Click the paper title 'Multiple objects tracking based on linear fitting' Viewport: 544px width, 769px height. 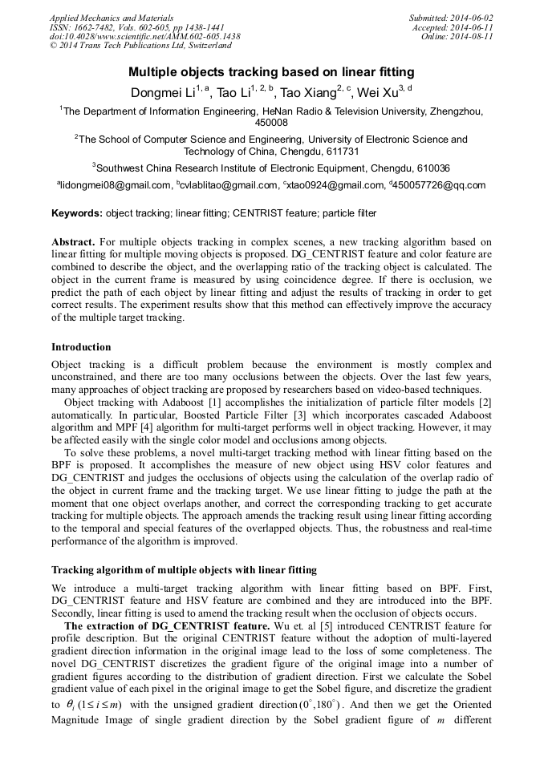click(271, 72)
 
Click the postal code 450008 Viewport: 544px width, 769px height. click(271, 123)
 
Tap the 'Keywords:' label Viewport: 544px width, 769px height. click(77, 214)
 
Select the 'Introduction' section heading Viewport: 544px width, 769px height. click(80, 347)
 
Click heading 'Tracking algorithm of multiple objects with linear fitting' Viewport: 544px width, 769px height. click(184, 570)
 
